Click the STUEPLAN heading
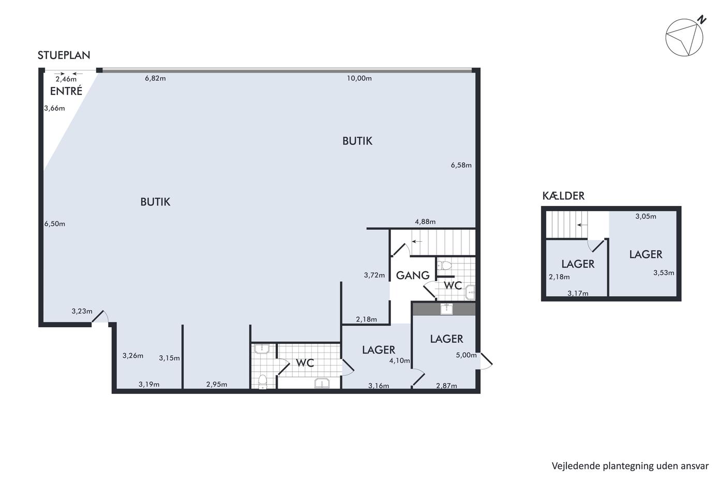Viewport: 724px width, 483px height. (x=64, y=55)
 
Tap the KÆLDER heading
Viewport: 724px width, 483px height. (x=563, y=196)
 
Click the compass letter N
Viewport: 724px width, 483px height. (x=701, y=20)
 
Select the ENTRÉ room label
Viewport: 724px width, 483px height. (x=66, y=91)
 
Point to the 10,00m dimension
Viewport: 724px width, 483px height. (x=359, y=78)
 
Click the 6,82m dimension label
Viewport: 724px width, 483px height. (x=155, y=78)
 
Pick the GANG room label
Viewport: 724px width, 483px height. (x=413, y=275)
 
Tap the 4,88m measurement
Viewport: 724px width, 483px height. (x=425, y=222)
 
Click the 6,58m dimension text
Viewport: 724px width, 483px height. (x=461, y=165)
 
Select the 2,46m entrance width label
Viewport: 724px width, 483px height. (x=66, y=79)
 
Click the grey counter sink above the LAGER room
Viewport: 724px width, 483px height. (x=446, y=309)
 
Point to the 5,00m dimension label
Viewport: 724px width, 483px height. (x=466, y=355)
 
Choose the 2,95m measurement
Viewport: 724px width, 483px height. (x=217, y=384)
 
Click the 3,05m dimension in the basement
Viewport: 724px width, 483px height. (x=646, y=216)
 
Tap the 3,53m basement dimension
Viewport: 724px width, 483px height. (x=663, y=273)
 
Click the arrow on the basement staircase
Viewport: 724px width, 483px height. (x=582, y=225)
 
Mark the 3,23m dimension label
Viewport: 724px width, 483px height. (x=82, y=311)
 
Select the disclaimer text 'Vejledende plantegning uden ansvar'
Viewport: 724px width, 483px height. (x=630, y=466)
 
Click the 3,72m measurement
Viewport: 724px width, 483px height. (x=374, y=275)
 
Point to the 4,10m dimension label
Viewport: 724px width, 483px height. (x=399, y=360)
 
